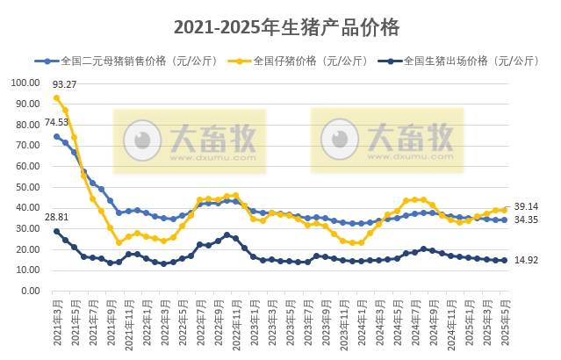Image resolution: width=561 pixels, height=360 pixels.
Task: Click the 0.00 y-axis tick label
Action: (30, 291)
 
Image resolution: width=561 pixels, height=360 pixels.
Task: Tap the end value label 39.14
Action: (526, 205)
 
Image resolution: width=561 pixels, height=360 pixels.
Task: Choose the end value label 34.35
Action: (526, 220)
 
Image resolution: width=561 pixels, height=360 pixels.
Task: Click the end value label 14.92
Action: (526, 260)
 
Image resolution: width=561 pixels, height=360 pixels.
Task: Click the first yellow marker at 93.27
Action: (56, 97)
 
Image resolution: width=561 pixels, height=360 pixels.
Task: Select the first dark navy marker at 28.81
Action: (56, 231)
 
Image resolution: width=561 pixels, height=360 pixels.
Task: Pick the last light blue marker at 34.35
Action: (504, 220)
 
